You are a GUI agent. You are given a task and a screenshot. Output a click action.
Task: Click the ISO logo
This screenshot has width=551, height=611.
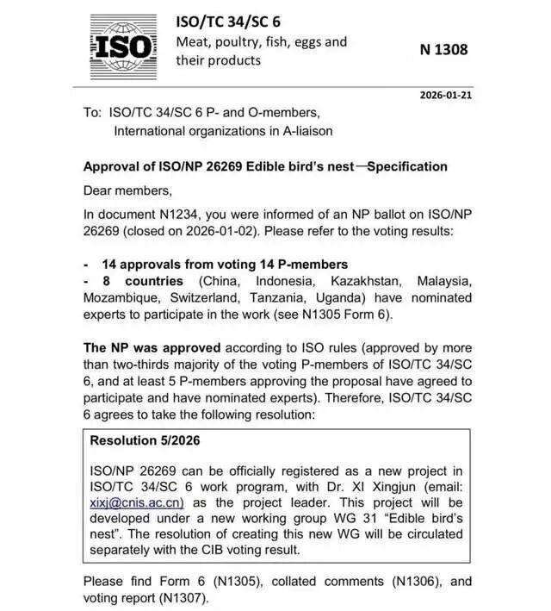(x=123, y=44)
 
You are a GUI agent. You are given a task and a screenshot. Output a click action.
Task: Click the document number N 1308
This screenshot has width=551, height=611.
(x=444, y=49)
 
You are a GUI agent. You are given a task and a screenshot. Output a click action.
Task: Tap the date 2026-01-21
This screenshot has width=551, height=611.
(x=444, y=95)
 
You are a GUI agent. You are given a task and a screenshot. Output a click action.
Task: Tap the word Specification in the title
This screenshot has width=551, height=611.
(x=408, y=166)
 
